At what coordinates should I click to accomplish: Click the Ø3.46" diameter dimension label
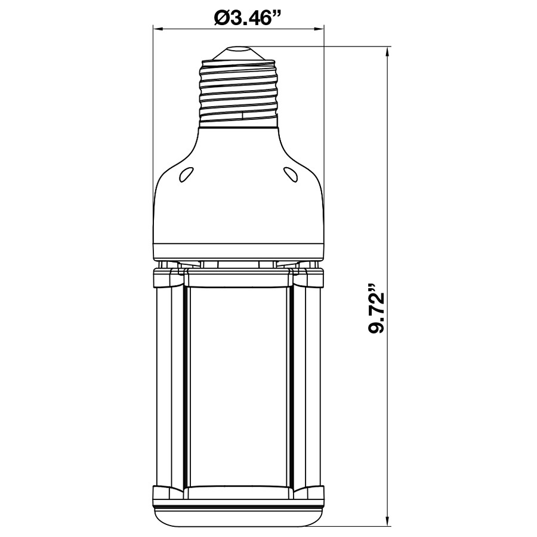[239, 18]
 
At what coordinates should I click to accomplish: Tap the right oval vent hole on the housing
[291, 174]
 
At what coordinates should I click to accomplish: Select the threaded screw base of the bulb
[239, 89]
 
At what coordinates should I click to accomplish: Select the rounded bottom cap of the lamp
[239, 514]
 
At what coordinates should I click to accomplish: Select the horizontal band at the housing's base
[239, 252]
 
